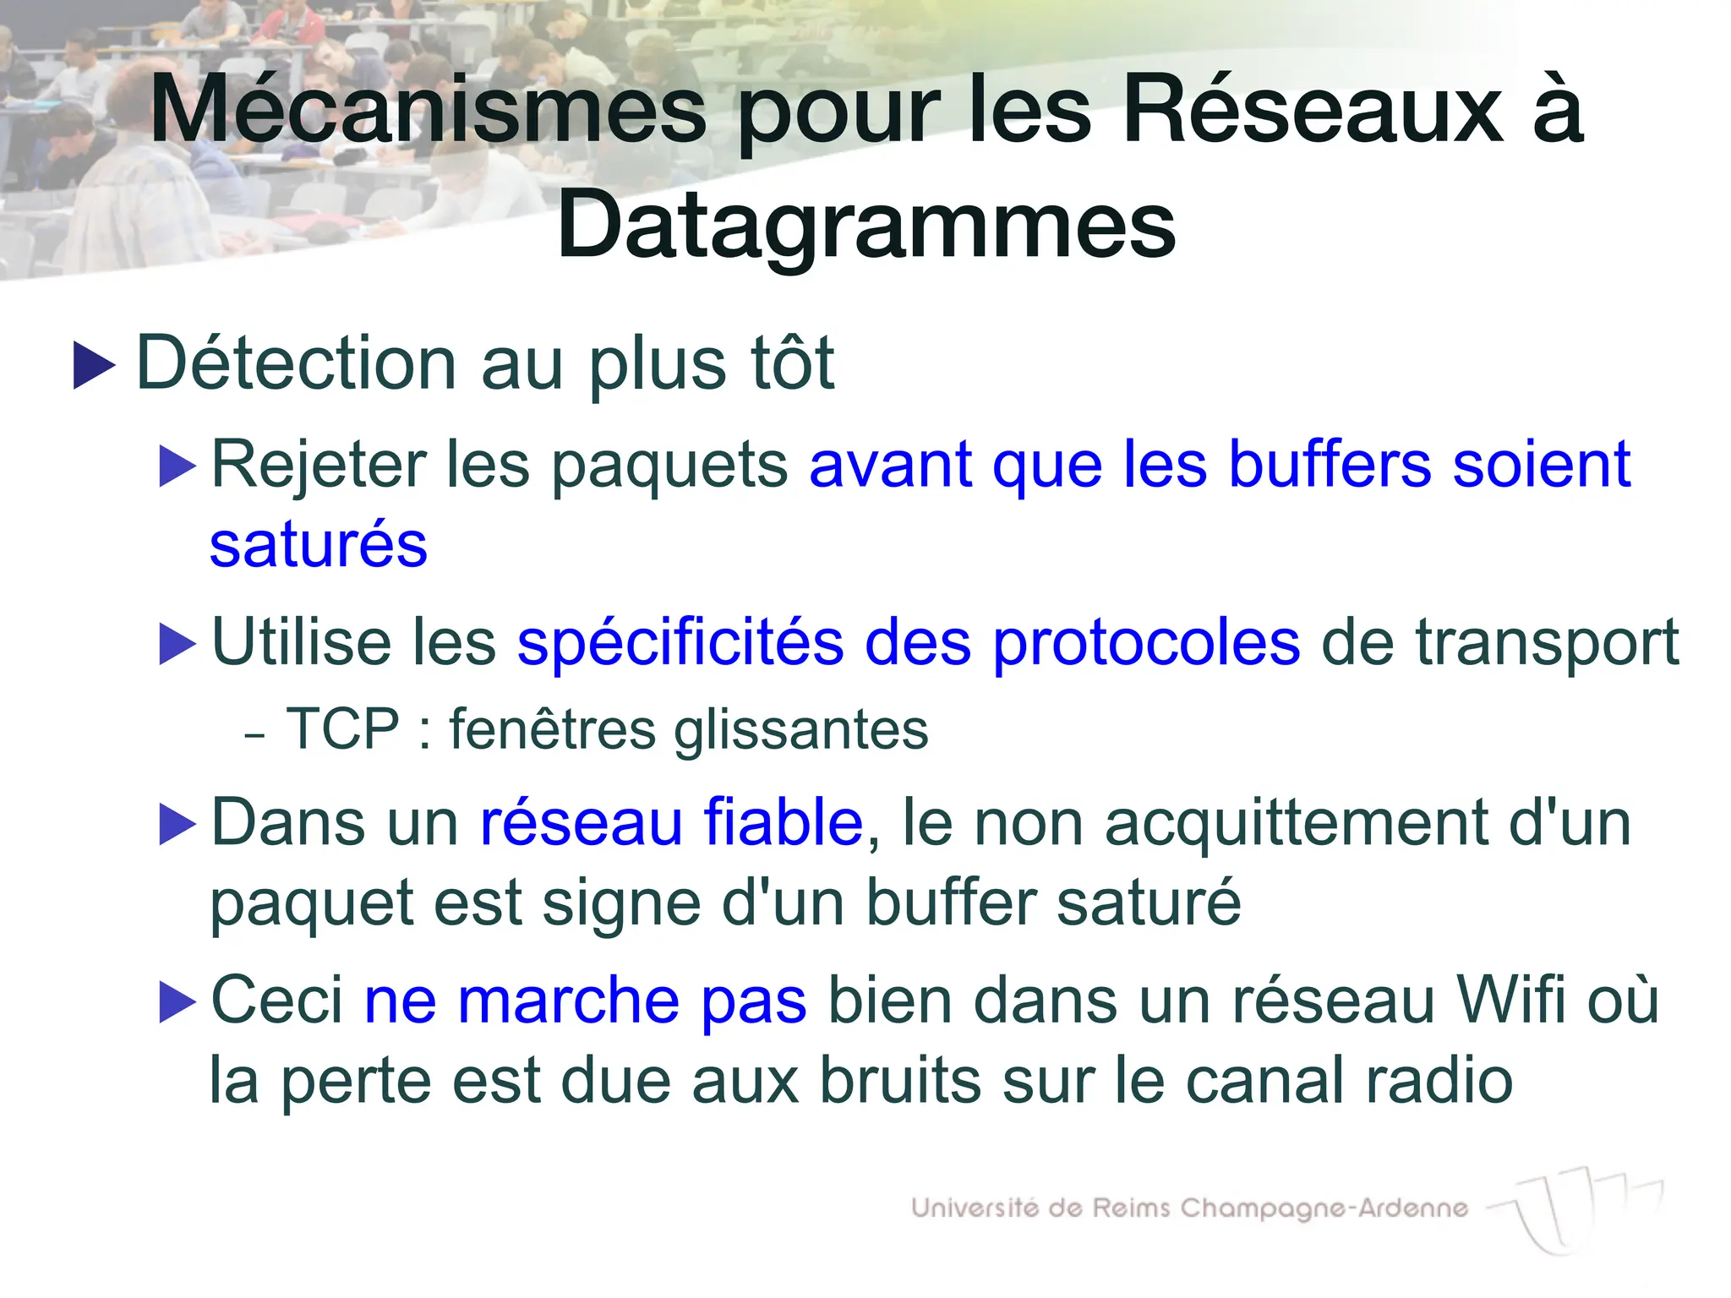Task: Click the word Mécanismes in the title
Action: coord(428,111)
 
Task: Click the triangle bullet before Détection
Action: coord(94,365)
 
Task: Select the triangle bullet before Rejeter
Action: coord(177,466)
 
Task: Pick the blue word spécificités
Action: coord(680,642)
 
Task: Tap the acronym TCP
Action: coord(342,728)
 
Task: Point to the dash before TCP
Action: coord(254,735)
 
